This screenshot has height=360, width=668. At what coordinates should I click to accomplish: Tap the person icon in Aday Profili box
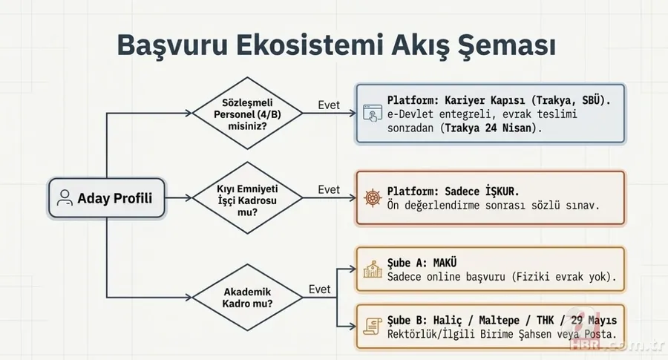pyautogui.click(x=65, y=198)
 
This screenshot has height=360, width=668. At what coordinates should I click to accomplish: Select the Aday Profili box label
pyautogui.click(x=115, y=198)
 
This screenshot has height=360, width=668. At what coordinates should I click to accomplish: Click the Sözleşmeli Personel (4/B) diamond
pyautogui.click(x=247, y=114)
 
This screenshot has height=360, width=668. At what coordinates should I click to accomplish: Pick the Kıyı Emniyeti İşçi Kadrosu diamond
pyautogui.click(x=247, y=198)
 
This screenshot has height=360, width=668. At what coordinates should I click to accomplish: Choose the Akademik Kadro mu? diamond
pyautogui.click(x=247, y=296)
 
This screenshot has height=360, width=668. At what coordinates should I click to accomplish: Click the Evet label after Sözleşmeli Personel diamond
pyautogui.click(x=328, y=105)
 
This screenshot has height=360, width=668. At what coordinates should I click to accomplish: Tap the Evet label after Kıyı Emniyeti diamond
pyautogui.click(x=328, y=189)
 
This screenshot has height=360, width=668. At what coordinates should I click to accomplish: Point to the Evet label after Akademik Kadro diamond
pyautogui.click(x=320, y=288)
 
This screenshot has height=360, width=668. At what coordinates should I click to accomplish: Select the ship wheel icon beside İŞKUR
pyautogui.click(x=372, y=197)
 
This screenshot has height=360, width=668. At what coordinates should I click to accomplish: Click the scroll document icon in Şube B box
pyautogui.click(x=372, y=324)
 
